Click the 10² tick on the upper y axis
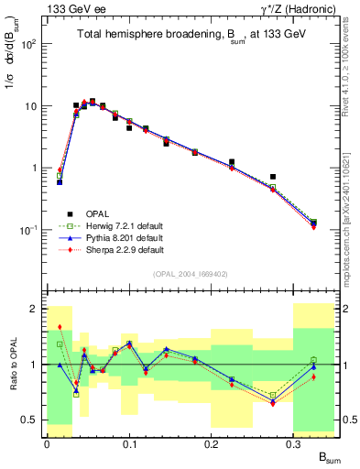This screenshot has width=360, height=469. pyautogui.click(x=31, y=44)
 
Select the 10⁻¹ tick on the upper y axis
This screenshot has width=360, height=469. pyautogui.click(x=31, y=230)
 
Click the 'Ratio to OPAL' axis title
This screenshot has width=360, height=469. pyautogui.click(x=12, y=365)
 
